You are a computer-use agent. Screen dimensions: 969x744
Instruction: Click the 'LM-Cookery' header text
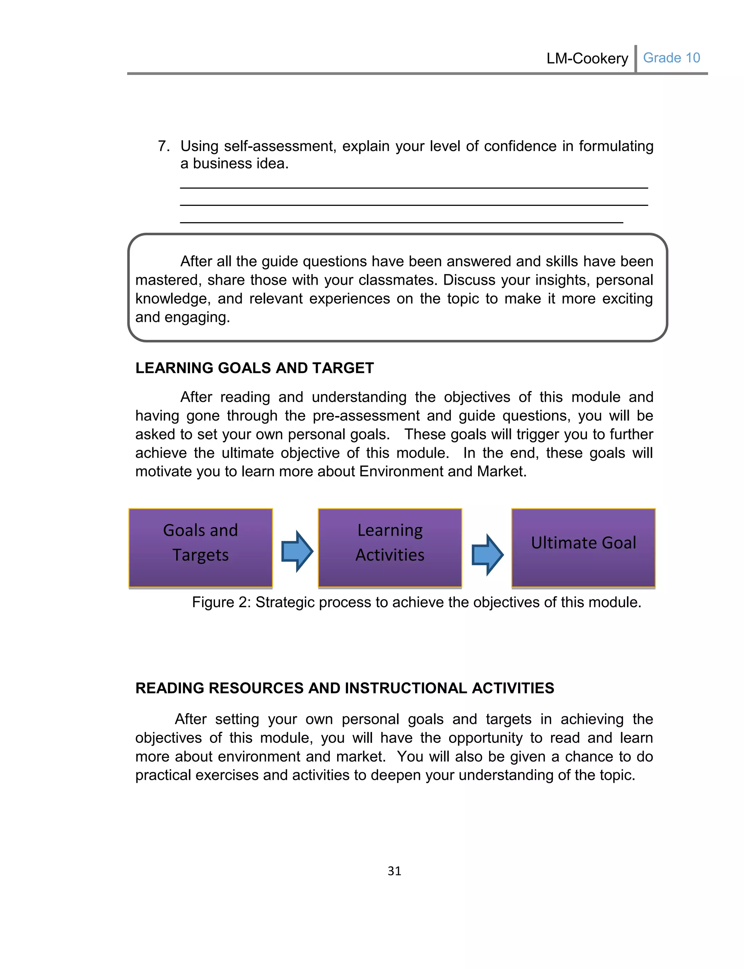(587, 58)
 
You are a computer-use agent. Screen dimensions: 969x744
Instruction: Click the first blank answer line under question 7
(414, 188)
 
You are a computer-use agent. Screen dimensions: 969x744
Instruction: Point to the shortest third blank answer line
(401, 222)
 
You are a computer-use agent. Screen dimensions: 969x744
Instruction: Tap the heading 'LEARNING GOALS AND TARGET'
(254, 368)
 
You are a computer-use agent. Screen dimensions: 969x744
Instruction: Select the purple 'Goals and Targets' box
(201, 548)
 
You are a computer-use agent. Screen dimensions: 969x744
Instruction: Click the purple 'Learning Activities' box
(390, 548)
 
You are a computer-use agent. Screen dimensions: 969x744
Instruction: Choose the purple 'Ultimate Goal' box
(583, 548)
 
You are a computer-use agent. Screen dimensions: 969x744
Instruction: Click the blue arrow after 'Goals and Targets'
(297, 551)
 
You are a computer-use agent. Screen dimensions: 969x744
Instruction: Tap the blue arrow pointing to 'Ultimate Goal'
(487, 554)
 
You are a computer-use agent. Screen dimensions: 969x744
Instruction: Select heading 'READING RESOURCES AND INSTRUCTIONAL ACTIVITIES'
(344, 688)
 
